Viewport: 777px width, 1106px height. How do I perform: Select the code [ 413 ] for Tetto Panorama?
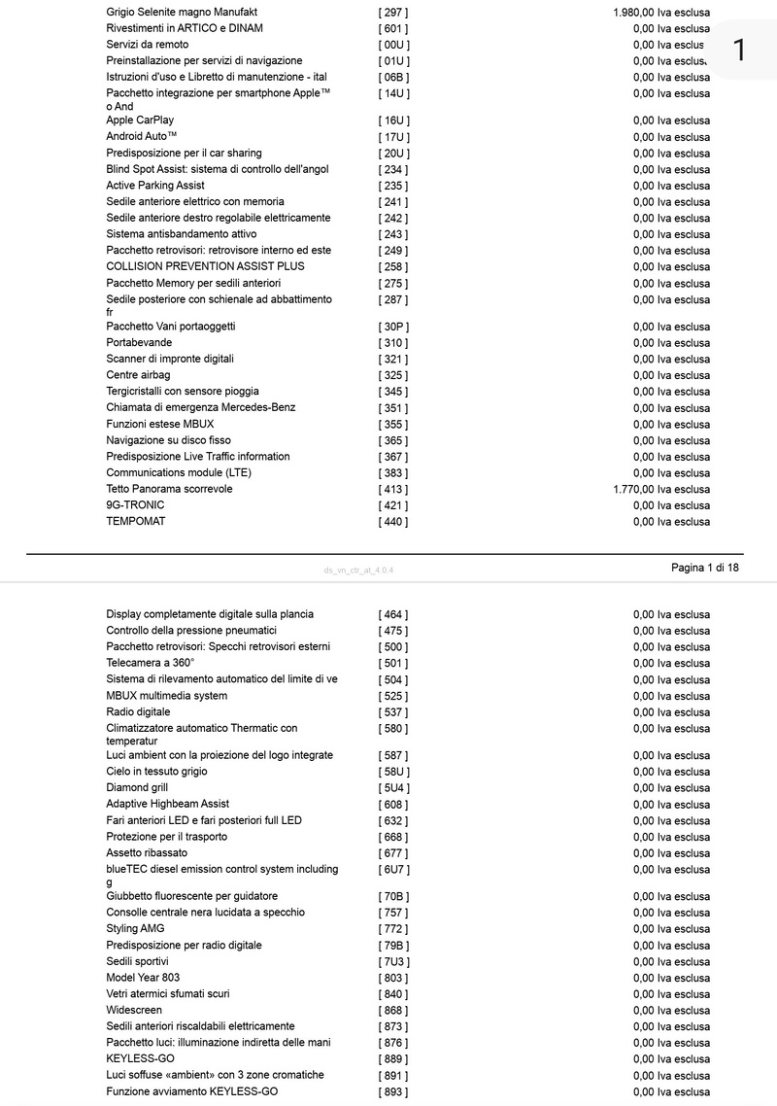point(393,489)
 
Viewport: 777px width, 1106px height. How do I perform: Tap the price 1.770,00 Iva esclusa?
point(661,489)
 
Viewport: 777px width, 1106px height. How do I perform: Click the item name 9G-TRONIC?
point(135,505)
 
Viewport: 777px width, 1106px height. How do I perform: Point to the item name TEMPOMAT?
point(136,522)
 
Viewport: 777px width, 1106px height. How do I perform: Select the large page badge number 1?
point(739,51)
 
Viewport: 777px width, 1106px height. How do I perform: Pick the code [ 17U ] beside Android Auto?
point(393,137)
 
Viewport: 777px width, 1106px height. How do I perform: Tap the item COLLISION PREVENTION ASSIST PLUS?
point(205,266)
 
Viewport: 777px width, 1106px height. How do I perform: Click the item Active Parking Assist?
point(155,186)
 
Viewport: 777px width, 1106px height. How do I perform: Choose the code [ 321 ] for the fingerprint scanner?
point(393,360)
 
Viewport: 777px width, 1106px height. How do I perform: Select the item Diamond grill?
point(137,788)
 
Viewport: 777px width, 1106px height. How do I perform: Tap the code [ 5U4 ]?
point(393,788)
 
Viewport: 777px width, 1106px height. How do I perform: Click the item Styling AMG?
point(135,929)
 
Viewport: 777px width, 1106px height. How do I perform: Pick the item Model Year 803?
point(143,978)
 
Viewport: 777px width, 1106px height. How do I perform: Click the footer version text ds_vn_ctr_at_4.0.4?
point(358,570)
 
